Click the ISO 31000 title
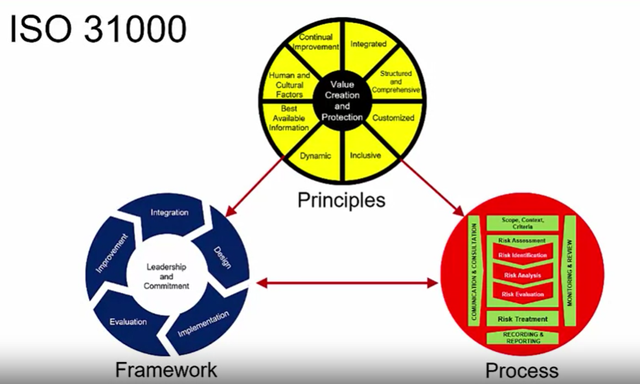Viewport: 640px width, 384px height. click(x=98, y=31)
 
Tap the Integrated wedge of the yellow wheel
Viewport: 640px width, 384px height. click(x=368, y=45)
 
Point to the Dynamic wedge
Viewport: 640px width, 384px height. click(x=315, y=155)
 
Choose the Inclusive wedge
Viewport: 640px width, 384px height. click(x=365, y=155)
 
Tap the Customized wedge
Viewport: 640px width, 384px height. click(x=393, y=118)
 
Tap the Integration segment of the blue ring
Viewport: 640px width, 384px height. click(x=170, y=213)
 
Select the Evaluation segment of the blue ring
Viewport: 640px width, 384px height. click(x=128, y=321)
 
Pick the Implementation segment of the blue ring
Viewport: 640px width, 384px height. click(x=203, y=323)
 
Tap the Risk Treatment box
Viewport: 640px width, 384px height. click(x=523, y=319)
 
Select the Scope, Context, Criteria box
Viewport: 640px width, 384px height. click(x=523, y=222)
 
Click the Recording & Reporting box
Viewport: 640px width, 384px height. click(x=523, y=337)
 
